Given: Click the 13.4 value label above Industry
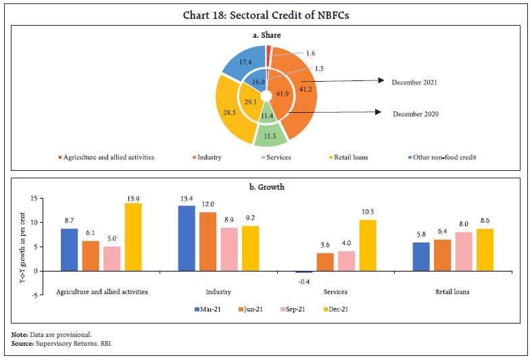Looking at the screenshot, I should tap(186, 199).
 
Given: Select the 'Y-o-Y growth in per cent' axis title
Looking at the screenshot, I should tap(22, 247).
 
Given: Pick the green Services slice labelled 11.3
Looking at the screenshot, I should tap(270, 136).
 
